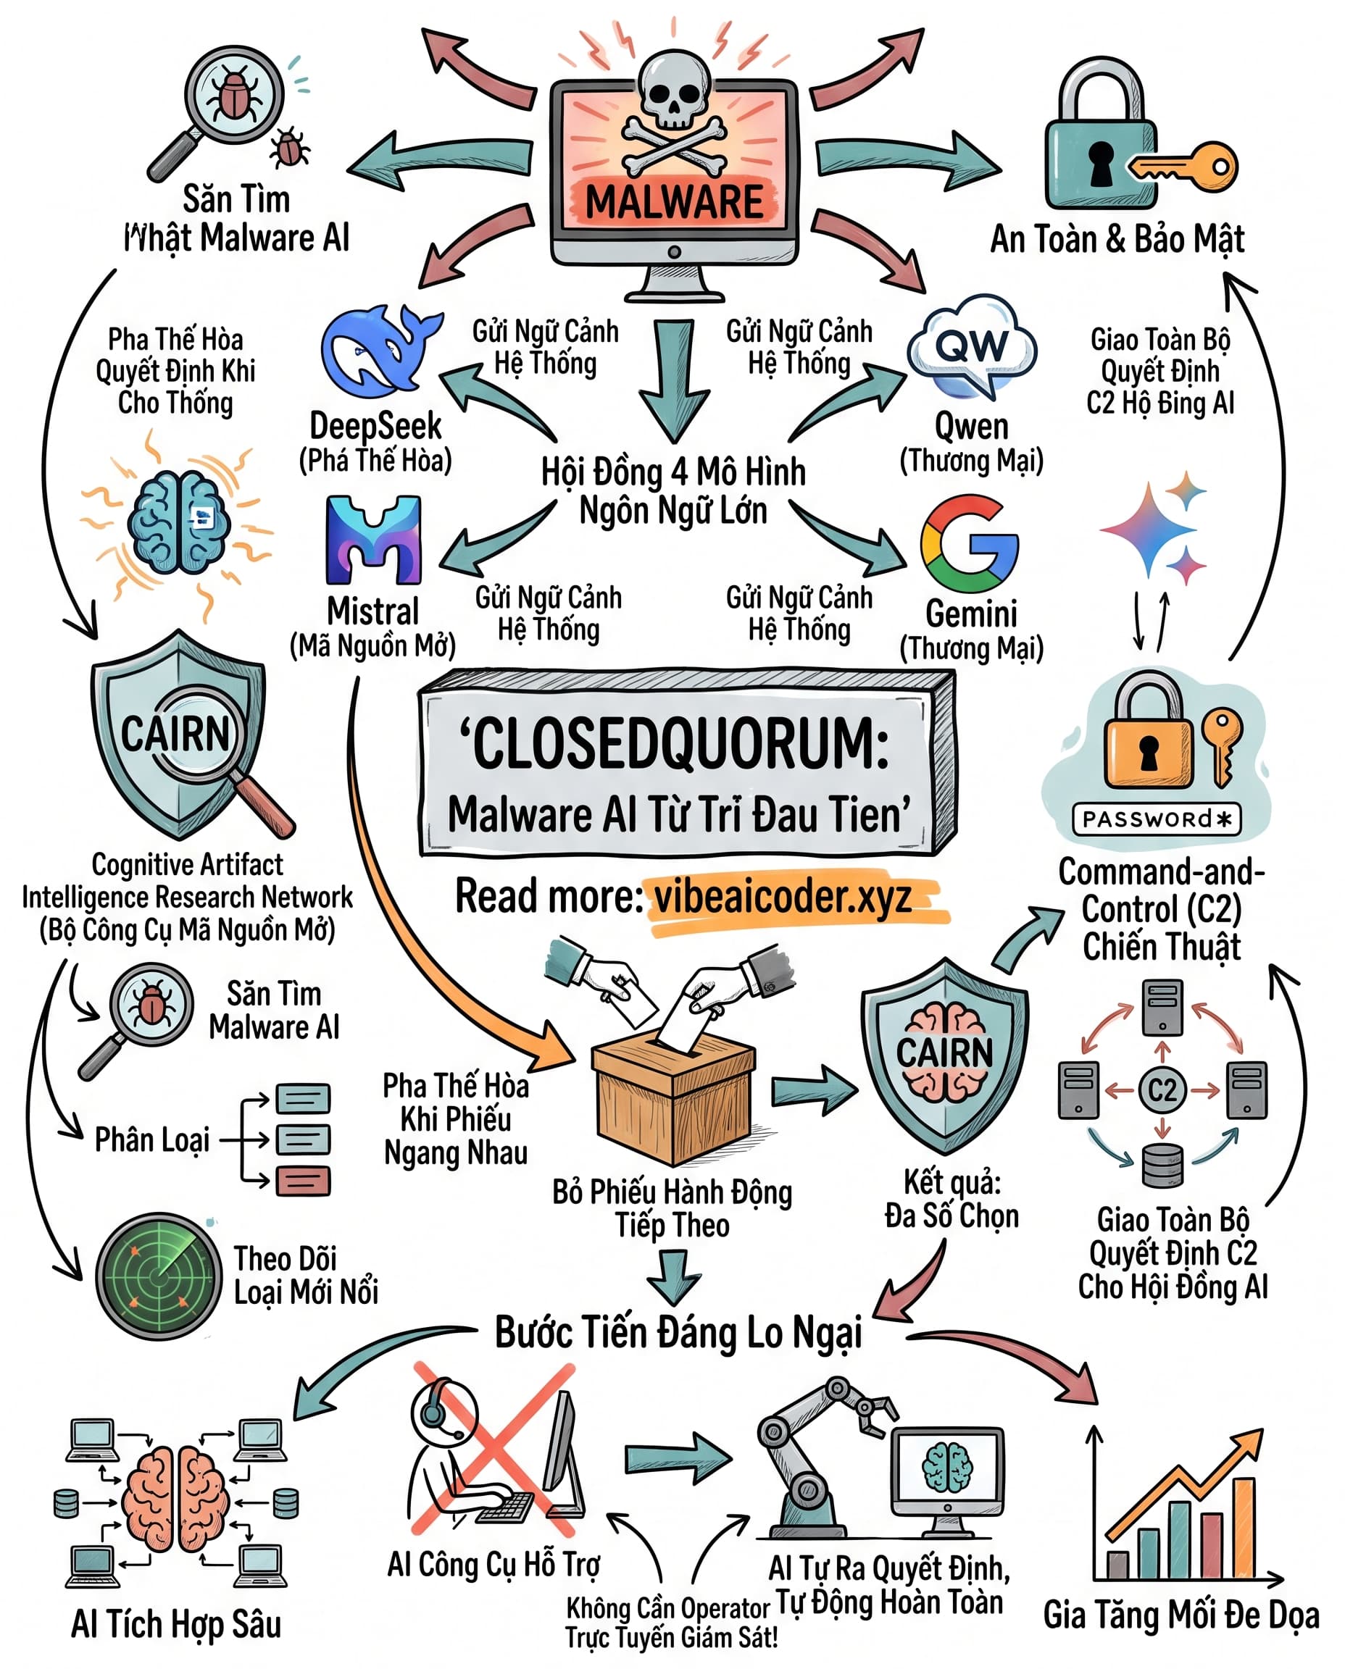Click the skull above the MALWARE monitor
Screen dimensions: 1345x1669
coord(674,89)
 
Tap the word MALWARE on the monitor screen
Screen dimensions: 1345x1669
coord(674,202)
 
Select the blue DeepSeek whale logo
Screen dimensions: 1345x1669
coord(380,352)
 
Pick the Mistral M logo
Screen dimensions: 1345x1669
coord(373,540)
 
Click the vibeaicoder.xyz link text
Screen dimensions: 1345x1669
coord(783,897)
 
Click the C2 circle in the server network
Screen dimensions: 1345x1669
coord(1162,1090)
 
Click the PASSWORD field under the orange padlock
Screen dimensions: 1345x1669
coord(1157,819)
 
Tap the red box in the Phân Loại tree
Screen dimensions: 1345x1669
coord(304,1181)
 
